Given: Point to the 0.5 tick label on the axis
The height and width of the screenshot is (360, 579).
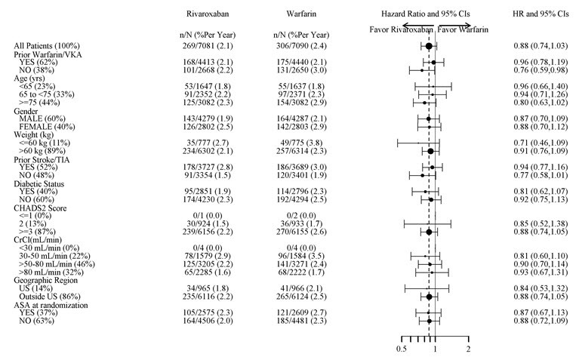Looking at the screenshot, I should [400, 349].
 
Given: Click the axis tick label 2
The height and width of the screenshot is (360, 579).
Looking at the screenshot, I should [469, 349].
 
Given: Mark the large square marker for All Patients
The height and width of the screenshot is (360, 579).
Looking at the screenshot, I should [428, 48].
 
